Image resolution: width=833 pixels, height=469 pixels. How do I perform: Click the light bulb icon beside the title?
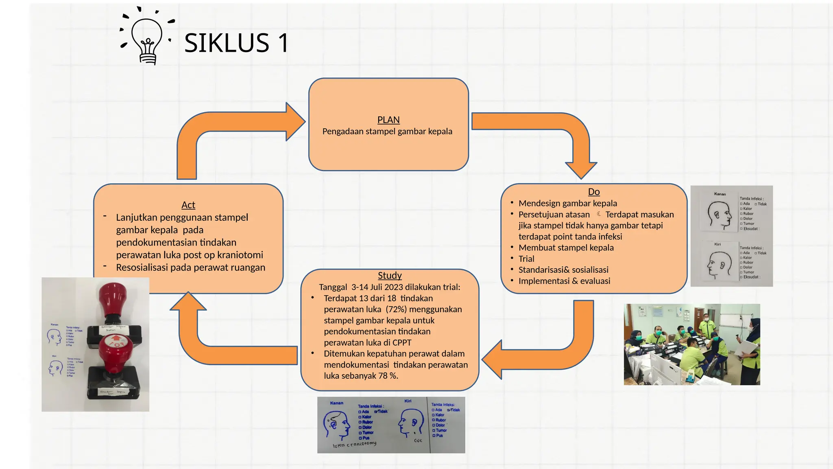point(147,39)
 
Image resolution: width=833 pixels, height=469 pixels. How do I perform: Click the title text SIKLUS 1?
point(236,43)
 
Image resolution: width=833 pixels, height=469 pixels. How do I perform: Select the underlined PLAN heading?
point(388,120)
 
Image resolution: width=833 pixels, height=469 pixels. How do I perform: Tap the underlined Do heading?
point(593,192)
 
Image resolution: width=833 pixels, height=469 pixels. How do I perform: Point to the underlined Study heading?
point(390,276)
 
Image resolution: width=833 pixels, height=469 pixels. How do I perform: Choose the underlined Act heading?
point(188,205)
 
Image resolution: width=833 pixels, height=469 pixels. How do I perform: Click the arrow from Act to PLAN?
point(228,130)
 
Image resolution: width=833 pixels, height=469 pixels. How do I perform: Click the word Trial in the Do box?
point(526,259)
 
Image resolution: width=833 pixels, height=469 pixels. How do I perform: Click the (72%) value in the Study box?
point(396,309)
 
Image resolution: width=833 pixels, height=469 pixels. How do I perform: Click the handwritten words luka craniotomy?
point(354,445)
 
